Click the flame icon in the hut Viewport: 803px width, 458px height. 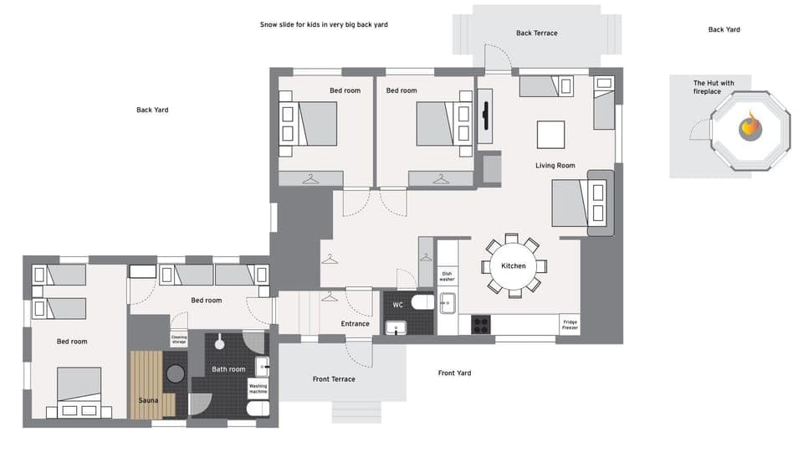point(750,127)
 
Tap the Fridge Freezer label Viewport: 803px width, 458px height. point(570,325)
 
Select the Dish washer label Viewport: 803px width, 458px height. point(447,275)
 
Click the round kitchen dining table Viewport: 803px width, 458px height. point(513,266)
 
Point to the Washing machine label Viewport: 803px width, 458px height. point(258,389)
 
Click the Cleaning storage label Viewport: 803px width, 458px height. point(179,340)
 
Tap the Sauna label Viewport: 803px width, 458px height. point(148,400)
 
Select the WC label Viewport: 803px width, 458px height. point(398,304)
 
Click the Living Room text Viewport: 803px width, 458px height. point(555,166)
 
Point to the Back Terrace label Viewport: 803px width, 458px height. point(536,33)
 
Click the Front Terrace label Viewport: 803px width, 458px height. point(334,379)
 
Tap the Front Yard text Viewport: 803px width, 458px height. point(454,373)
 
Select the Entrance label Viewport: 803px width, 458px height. point(355,323)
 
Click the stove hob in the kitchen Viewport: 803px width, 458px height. point(481,324)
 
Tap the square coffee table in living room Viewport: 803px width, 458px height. point(550,135)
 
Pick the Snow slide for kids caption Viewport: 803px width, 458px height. point(323,25)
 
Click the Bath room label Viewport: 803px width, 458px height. point(228,369)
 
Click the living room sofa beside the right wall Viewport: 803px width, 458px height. point(600,202)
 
